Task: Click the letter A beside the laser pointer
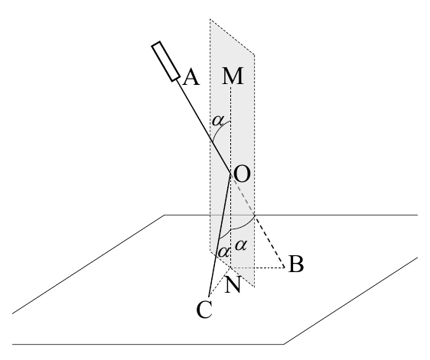[191, 77]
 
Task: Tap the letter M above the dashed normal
[233, 76]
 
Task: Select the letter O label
[242, 174]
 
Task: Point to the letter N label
[233, 284]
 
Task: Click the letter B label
[296, 264]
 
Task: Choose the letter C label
[204, 310]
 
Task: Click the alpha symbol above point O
[218, 121]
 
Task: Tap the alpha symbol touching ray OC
[223, 251]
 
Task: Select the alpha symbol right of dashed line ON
[241, 245]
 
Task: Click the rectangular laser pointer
[166, 62]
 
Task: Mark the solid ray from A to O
[204, 126]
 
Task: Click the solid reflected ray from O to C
[220, 235]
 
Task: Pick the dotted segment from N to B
[258, 268]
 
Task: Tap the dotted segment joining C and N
[220, 282]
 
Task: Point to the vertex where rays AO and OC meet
[231, 174]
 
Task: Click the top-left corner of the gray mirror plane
[210, 19]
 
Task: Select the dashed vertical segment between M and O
[231, 130]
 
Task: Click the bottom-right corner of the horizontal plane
[284, 344]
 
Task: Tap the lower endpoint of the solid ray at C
[209, 297]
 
